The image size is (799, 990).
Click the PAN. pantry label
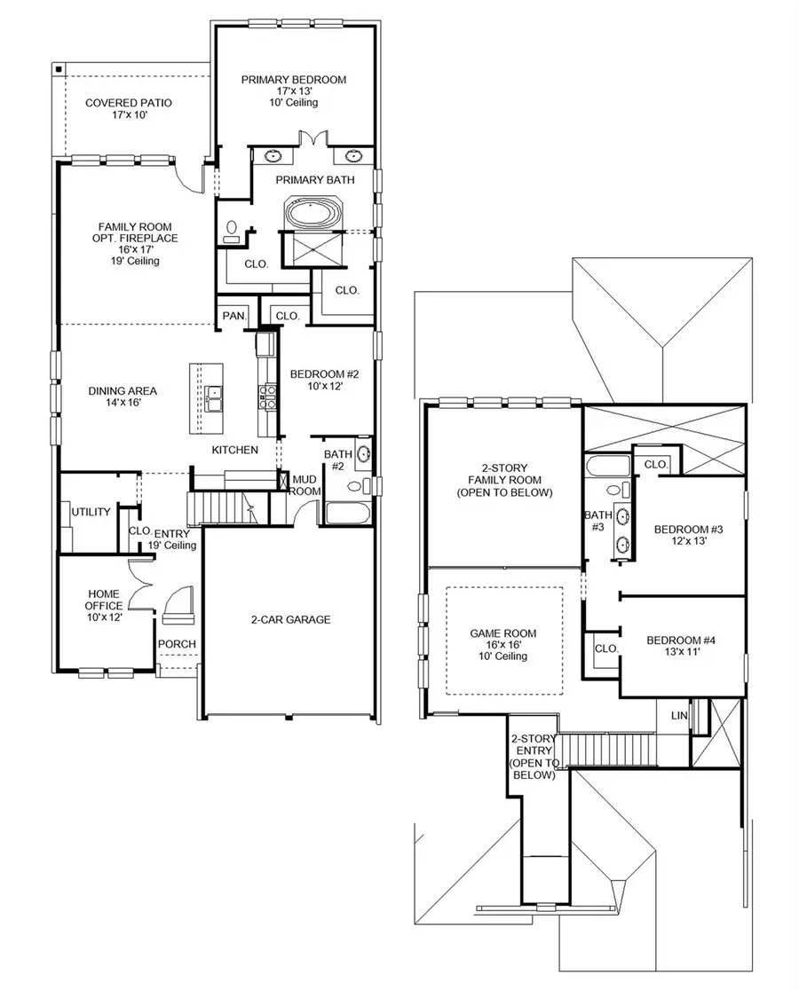pyautogui.click(x=233, y=316)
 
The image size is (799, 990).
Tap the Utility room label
pyautogui.click(x=91, y=512)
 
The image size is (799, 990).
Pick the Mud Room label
pyautogui.click(x=305, y=484)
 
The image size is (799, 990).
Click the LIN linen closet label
pyautogui.click(x=678, y=715)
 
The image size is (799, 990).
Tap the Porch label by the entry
pyautogui.click(x=177, y=644)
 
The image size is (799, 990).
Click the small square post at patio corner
pyautogui.click(x=59, y=68)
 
